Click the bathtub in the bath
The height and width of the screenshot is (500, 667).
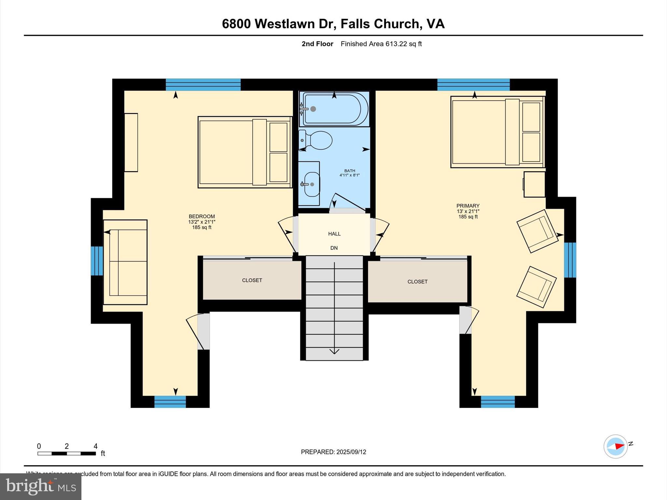333,109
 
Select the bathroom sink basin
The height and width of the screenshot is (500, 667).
311,184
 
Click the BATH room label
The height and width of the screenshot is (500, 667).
349,171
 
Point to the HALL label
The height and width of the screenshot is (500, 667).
334,234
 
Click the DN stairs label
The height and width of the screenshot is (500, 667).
334,248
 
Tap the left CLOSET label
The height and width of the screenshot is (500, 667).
252,280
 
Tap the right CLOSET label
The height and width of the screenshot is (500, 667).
417,282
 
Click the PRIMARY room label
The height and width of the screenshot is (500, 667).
468,206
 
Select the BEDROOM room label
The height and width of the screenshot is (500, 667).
202,216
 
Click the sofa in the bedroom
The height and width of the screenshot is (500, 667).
125,262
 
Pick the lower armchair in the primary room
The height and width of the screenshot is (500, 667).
536,287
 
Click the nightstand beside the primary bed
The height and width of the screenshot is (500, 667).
534,184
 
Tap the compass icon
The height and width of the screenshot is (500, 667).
616,446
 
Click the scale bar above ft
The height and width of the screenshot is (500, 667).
66,453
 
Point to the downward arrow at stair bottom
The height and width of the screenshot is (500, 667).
334,351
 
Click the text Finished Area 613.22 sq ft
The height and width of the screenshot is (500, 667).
381,44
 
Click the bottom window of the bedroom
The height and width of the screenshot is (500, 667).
170,402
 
